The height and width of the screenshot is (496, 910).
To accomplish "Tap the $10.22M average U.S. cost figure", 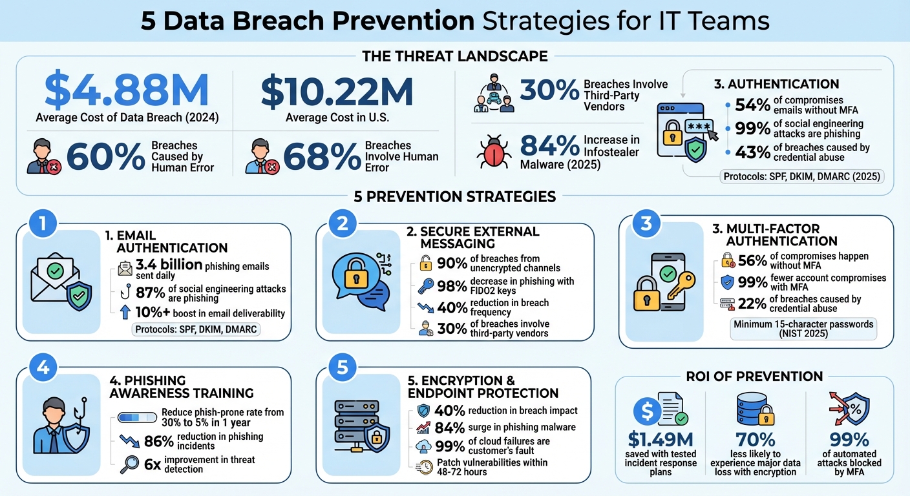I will click(x=336, y=91).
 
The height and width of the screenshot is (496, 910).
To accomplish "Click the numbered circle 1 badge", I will click(x=42, y=225).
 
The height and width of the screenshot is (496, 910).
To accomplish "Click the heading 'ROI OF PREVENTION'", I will click(x=754, y=376).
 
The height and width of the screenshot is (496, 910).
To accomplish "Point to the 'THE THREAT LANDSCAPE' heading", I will click(x=455, y=56).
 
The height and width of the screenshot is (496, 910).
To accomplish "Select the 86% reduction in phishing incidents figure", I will click(x=157, y=441).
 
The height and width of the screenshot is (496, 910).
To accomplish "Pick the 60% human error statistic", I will click(x=106, y=157).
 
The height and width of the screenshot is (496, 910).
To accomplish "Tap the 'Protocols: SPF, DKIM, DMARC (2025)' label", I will click(x=802, y=176).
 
